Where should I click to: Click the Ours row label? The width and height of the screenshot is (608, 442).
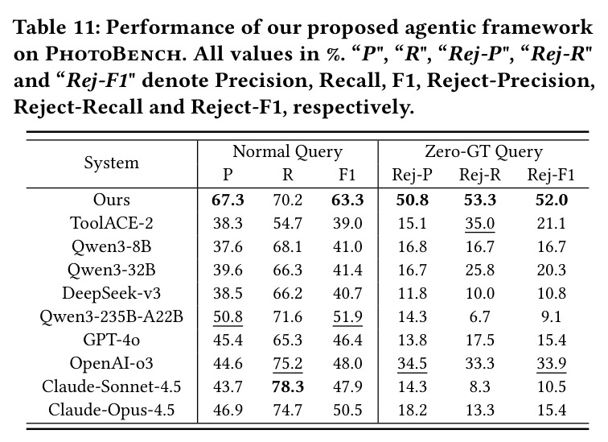click(x=112, y=200)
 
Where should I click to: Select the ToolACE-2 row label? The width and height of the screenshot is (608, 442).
click(x=112, y=223)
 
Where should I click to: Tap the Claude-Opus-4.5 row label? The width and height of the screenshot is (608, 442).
click(x=112, y=410)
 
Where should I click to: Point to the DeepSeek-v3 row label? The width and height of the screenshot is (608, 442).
click(x=112, y=293)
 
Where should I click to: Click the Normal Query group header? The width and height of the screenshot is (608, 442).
click(x=287, y=151)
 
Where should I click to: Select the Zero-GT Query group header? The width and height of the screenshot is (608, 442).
click(x=483, y=151)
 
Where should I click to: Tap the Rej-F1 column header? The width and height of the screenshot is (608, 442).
click(x=551, y=175)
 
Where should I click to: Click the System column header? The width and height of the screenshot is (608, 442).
click(x=112, y=163)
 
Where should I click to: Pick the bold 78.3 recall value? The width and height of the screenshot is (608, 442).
click(x=288, y=386)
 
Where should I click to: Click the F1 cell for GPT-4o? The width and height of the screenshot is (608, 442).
click(x=347, y=340)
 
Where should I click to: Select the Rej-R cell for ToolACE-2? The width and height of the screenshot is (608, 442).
click(x=480, y=224)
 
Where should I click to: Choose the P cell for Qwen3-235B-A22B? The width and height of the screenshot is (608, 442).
click(x=228, y=316)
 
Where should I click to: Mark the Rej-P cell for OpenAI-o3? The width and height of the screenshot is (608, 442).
click(x=413, y=363)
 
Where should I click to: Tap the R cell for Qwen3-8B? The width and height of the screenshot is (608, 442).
click(x=288, y=246)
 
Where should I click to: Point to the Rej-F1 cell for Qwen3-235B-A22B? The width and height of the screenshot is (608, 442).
click(x=552, y=316)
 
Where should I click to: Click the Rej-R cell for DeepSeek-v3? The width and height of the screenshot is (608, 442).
click(x=480, y=293)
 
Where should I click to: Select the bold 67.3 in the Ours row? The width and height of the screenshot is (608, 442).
click(x=228, y=200)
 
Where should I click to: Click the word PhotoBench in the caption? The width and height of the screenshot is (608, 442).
click(x=113, y=54)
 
